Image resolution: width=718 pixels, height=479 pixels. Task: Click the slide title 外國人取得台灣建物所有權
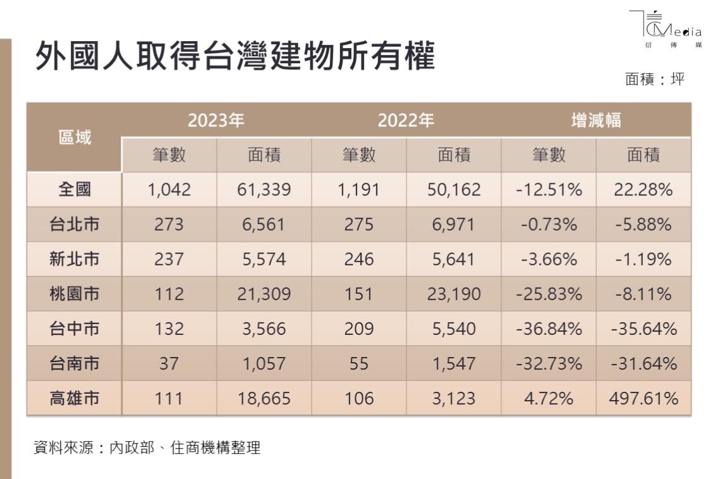tap(235, 58)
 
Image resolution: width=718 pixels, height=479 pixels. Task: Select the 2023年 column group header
tap(216, 120)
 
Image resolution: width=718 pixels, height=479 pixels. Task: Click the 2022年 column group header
tap(406, 120)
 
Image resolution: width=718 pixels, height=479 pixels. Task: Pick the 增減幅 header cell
tap(595, 120)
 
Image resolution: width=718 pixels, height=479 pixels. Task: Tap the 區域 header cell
tap(75, 136)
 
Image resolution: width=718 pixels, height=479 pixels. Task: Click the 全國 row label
tap(75, 189)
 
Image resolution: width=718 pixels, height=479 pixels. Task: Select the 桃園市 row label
tap(75, 294)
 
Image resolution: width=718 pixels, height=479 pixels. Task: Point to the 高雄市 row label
tap(75, 399)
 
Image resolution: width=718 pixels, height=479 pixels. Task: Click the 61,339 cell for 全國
tap(264, 189)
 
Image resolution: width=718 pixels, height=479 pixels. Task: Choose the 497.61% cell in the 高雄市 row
tap(643, 399)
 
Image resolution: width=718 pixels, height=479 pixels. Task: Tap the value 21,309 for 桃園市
tap(264, 294)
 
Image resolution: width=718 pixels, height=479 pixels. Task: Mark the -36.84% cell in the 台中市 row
tap(549, 329)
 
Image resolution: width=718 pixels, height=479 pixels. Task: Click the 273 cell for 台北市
tap(169, 224)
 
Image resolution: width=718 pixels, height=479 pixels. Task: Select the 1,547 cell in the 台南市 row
tap(454, 364)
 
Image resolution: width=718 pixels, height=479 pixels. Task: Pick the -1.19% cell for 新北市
tap(643, 259)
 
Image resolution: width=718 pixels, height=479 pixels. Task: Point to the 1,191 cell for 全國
tap(358, 189)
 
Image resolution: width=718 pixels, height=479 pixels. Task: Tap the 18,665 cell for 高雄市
tap(264, 399)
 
